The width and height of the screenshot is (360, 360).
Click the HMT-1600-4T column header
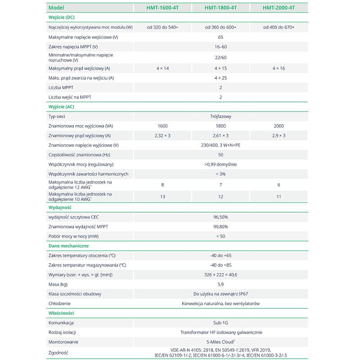coord(162,8)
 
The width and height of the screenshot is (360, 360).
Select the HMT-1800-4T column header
coord(220,8)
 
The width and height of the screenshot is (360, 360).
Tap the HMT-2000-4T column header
coord(279,8)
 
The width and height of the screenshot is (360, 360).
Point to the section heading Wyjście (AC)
coord(61,107)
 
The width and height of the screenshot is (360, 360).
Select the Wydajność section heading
coord(60,207)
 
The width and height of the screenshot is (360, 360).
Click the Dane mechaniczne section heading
coord(68,246)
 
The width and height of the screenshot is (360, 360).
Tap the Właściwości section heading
coord(61,313)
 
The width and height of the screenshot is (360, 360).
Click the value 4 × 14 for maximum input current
coord(162,68)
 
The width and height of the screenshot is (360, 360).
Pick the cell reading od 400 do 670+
coord(279,27)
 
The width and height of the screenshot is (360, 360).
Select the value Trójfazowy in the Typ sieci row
coord(220,117)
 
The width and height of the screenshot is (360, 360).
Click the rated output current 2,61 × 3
coord(220,135)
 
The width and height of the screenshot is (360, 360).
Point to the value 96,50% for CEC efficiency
coord(220,217)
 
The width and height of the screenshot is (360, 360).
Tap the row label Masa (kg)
coord(58,284)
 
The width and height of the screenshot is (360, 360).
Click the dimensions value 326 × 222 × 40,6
coord(220,274)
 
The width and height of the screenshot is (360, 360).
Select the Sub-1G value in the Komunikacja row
coord(220,323)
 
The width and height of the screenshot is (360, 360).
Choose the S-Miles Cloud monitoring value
coord(220,342)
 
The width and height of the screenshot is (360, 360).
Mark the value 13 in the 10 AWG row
coord(162,197)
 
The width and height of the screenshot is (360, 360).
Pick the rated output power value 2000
coord(279,126)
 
